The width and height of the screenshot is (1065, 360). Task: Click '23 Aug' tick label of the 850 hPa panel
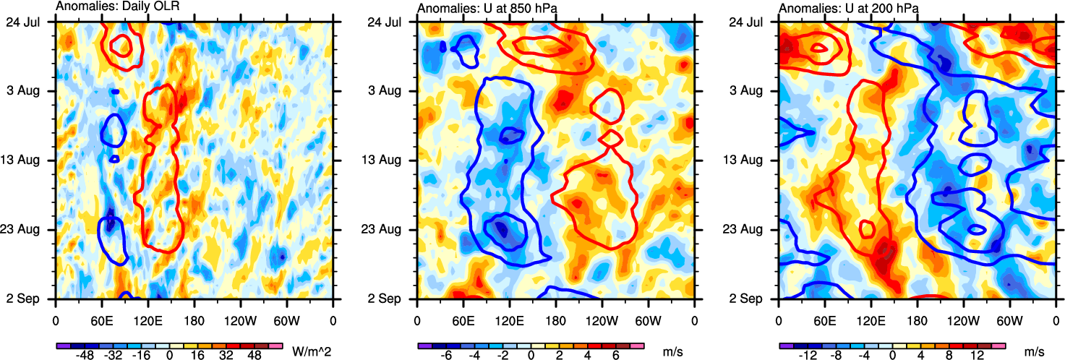pyautogui.click(x=393, y=229)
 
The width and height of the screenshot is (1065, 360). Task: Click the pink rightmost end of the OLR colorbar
pyautogui.click(x=275, y=346)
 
